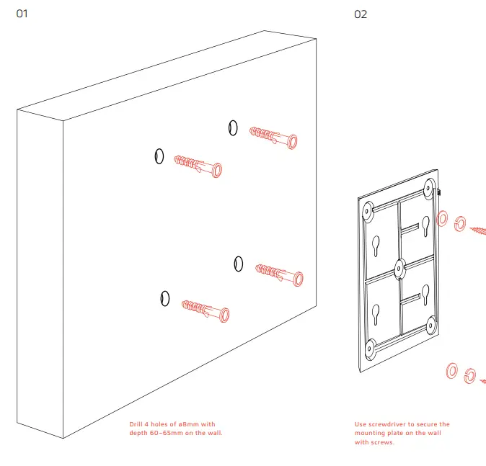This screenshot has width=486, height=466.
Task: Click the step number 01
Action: click(22, 14)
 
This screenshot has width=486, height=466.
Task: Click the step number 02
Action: click(361, 14)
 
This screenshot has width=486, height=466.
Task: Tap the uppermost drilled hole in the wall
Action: click(232, 127)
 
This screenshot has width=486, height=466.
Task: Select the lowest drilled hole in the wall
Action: click(165, 297)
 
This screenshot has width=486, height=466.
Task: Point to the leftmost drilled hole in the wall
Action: click(159, 156)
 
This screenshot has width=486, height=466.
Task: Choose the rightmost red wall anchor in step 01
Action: click(280, 273)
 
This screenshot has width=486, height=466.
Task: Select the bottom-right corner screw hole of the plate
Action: click(430, 326)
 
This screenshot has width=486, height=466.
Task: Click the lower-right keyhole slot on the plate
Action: click(425, 294)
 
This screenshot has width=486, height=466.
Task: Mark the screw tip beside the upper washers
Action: click(480, 231)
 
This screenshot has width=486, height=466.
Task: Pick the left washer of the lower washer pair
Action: click(452, 371)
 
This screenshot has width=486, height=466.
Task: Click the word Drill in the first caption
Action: click(137, 424)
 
